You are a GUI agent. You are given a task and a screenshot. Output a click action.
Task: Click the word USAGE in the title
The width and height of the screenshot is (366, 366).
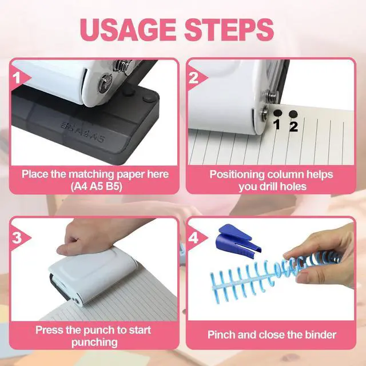point(128,30)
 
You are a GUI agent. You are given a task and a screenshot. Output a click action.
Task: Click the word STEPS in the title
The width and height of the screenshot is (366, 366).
point(229,30)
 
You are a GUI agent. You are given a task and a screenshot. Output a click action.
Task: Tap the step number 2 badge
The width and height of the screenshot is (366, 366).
point(194,78)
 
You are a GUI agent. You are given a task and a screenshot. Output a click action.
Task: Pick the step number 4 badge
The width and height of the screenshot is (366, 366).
point(194,238)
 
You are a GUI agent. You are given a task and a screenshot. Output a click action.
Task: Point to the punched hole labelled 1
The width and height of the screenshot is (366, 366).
point(278,113)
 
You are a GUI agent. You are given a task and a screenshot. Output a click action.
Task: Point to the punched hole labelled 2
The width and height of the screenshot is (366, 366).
point(293,114)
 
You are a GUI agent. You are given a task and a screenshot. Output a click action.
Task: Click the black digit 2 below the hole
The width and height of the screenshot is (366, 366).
point(293,127)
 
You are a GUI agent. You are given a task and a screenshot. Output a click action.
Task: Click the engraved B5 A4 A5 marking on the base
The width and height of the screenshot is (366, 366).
point(82,132)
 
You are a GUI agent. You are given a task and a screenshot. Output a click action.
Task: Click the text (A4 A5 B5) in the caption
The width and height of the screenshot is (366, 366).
point(96,186)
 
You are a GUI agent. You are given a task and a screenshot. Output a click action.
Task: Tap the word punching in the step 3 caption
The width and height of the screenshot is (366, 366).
point(94,343)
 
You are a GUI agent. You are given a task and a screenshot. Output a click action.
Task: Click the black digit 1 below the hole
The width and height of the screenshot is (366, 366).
point(277,124)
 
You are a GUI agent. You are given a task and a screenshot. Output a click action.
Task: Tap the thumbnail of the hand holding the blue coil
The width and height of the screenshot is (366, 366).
point(271,269)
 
